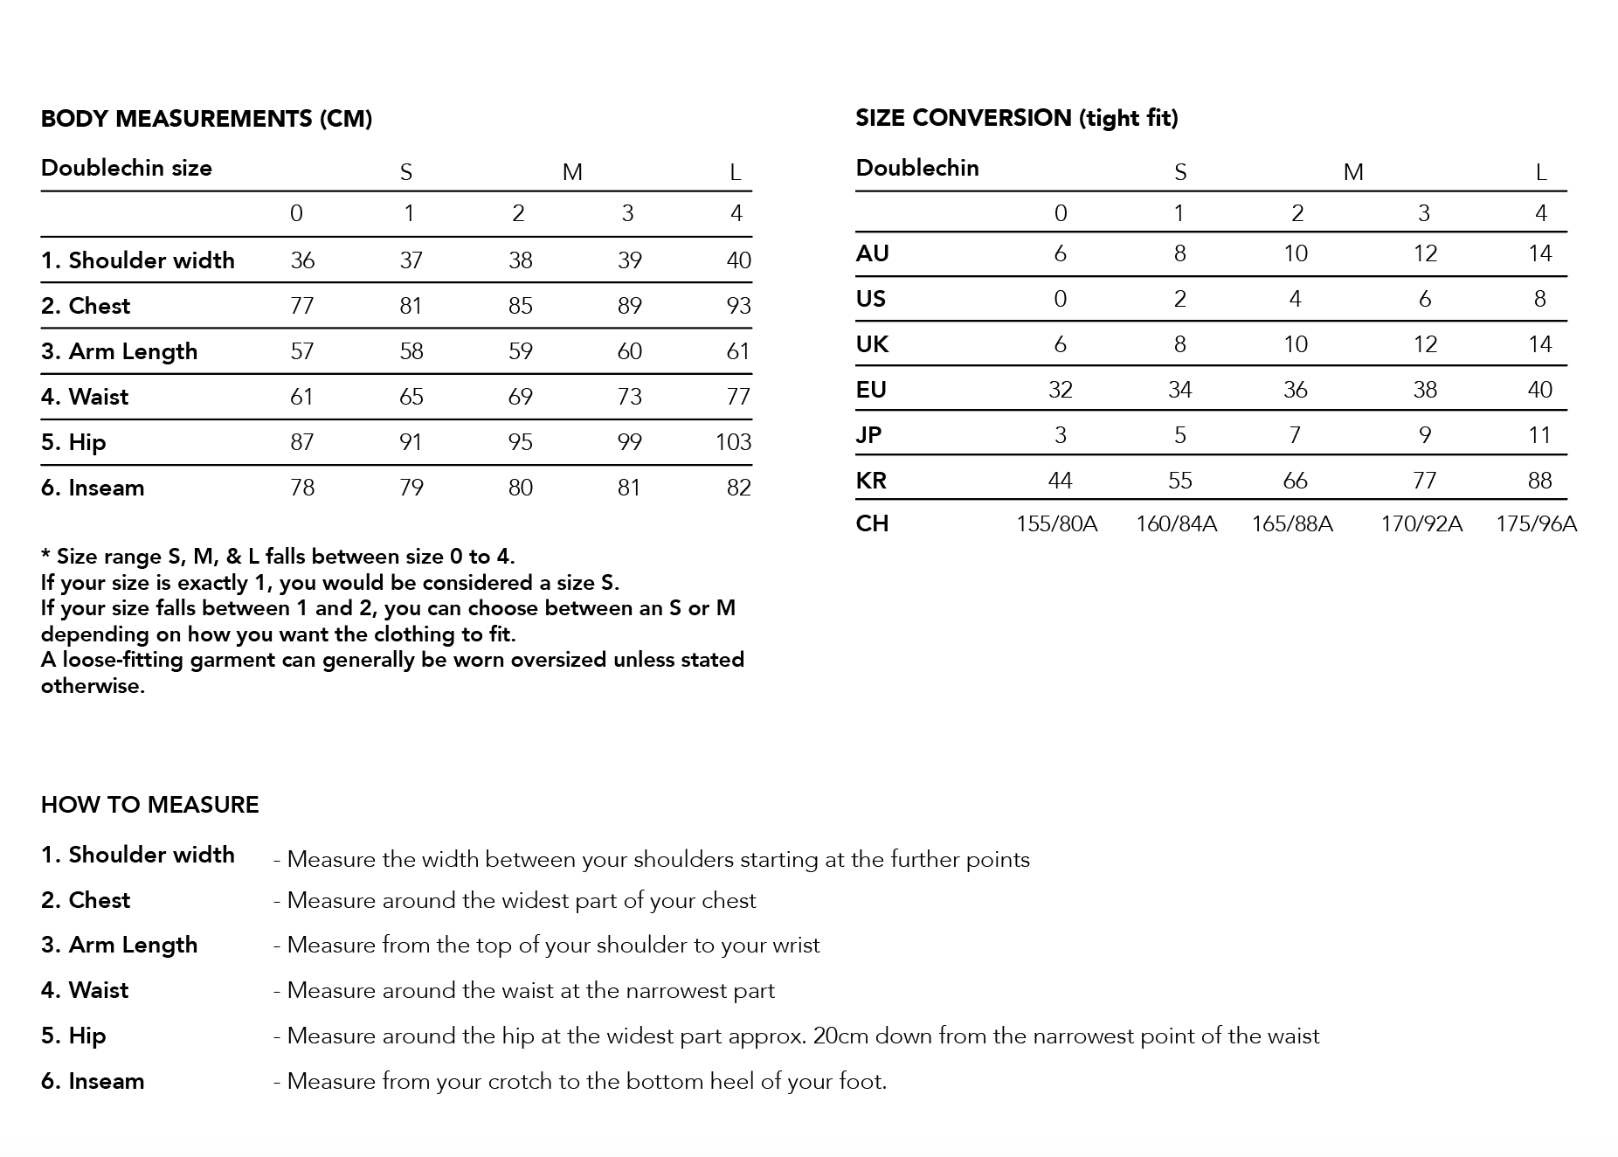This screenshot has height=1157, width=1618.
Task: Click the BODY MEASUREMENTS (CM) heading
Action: [x=206, y=119]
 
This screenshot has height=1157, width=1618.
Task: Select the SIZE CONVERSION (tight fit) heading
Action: [x=1016, y=118]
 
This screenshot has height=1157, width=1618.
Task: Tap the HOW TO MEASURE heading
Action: [x=149, y=805]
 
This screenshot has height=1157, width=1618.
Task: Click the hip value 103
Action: [x=733, y=442]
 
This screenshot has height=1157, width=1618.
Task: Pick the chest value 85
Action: [x=520, y=306]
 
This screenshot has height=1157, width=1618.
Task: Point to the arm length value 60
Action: [x=629, y=351]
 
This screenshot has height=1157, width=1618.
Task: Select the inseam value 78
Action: [x=301, y=488]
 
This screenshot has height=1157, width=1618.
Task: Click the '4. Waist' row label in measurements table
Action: [x=85, y=397]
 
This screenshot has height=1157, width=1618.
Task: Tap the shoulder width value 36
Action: [x=302, y=260]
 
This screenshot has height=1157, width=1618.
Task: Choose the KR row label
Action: [x=871, y=480]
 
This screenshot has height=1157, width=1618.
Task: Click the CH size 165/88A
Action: [x=1292, y=523]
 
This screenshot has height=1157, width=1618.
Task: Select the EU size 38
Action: [x=1424, y=390]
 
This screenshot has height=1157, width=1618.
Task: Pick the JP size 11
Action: [x=1539, y=435]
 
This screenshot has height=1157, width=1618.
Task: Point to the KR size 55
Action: [x=1179, y=481]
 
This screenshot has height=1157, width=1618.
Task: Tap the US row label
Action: [x=871, y=299]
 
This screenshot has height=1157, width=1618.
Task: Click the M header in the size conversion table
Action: [x=1352, y=172]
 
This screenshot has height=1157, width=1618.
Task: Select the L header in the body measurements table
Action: [x=736, y=172]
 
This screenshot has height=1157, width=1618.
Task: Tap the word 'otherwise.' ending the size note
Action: [x=93, y=686]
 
